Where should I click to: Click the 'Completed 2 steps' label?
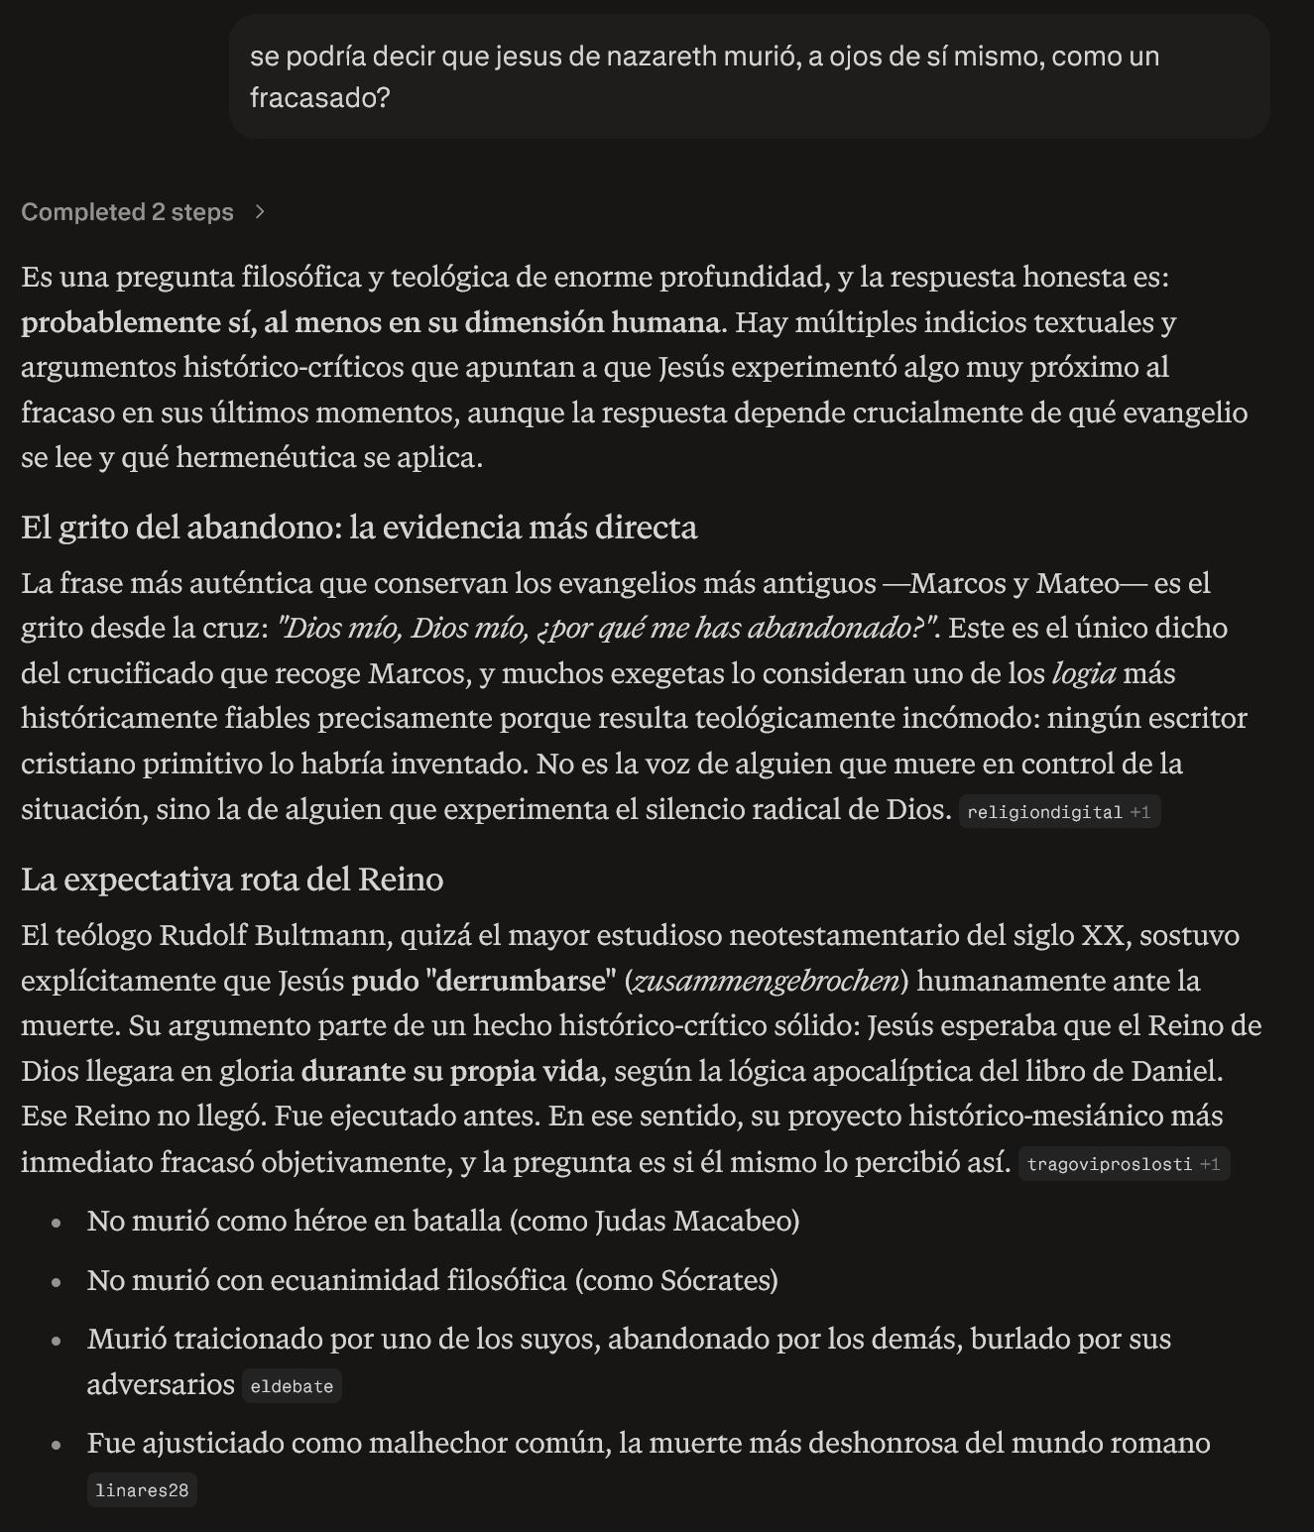pyautogui.click(x=127, y=212)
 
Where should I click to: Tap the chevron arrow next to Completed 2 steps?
pyautogui.click(x=260, y=212)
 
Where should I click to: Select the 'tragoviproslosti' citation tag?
pyautogui.click(x=1109, y=1164)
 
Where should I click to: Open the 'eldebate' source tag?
pyautogui.click(x=292, y=1386)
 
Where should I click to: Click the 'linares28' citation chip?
pyautogui.click(x=142, y=1490)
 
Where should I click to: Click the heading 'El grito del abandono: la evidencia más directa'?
pyautogui.click(x=359, y=528)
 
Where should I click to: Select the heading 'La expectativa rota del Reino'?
pyautogui.click(x=232, y=880)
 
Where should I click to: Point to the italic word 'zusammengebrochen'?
pyautogui.click(x=766, y=981)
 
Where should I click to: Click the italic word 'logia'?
pyautogui.click(x=1083, y=674)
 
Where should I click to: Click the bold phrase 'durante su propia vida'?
pyautogui.click(x=449, y=1072)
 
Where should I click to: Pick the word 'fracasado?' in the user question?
pyautogui.click(x=319, y=98)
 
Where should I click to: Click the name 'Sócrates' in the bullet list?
pyautogui.click(x=715, y=1281)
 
